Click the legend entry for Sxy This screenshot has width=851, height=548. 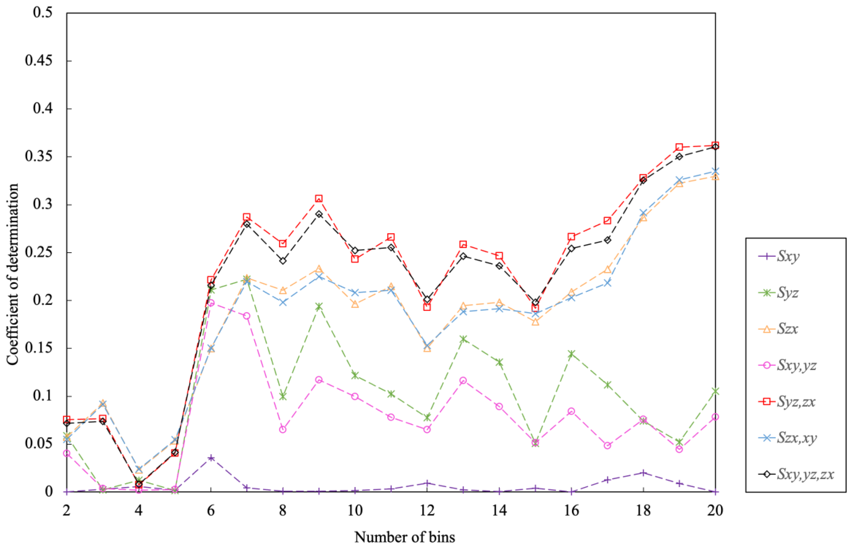pos(788,256)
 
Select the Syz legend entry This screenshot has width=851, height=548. pos(788,293)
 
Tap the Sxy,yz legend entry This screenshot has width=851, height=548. pos(796,365)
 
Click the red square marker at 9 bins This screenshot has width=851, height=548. pos(319,198)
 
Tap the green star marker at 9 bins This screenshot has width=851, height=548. pos(319,306)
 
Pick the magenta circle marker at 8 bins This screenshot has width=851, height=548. pos(283,429)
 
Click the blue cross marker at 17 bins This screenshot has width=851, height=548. pos(607,283)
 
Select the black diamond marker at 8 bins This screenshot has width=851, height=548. pos(283,261)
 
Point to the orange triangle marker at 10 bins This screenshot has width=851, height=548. pos(355,304)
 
